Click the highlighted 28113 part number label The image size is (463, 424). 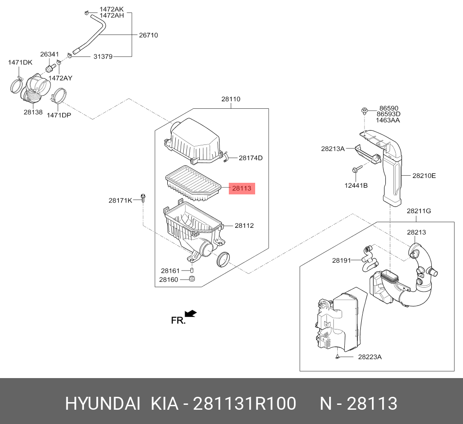pos(242,189)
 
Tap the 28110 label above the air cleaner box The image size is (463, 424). pos(231,99)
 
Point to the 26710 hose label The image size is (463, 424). pos(148,35)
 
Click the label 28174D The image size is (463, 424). pos(251,158)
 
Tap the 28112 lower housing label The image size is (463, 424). pos(244,226)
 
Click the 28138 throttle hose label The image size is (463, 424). pos(33,112)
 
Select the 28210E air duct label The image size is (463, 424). pos(424,176)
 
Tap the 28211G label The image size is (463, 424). pos(419,210)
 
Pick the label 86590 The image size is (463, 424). pos(389,108)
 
